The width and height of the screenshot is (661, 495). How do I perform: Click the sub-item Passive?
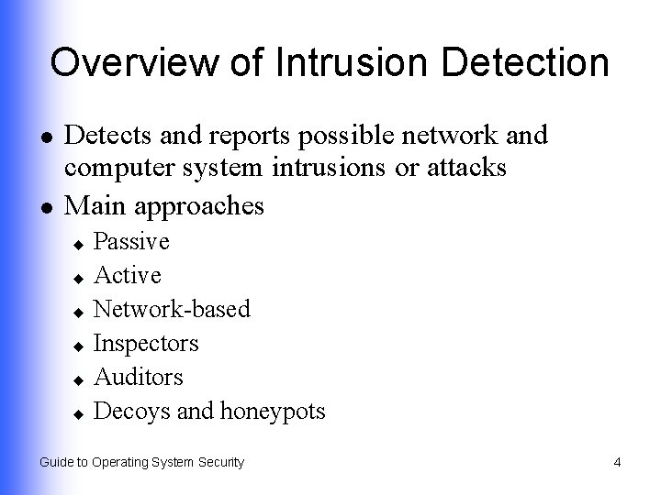click(x=131, y=242)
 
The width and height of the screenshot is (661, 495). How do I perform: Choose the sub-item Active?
click(x=128, y=275)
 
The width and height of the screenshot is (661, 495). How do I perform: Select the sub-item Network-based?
click(x=173, y=309)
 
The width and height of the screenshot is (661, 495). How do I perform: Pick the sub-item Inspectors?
click(x=146, y=343)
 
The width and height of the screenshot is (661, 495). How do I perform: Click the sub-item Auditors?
click(x=139, y=377)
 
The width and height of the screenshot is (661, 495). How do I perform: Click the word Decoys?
click(x=132, y=412)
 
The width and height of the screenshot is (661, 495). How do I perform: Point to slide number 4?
click(x=617, y=462)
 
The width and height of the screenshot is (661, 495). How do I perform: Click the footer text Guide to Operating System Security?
click(x=141, y=462)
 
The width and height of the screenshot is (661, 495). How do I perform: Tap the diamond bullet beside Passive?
click(x=79, y=244)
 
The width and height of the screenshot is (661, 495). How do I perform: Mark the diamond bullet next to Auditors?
click(x=79, y=379)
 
